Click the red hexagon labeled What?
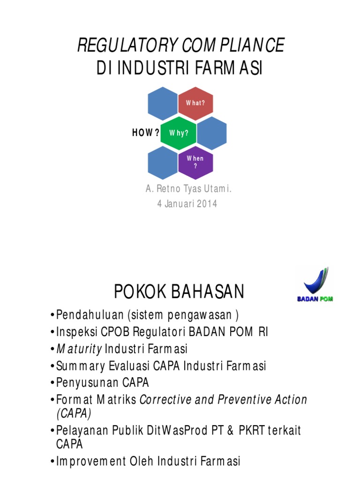click(x=195, y=103)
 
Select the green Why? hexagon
click(x=179, y=133)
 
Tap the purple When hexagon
click(x=195, y=162)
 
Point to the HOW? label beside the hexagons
click(x=145, y=133)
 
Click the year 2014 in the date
click(x=207, y=204)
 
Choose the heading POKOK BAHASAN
click(x=179, y=292)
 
